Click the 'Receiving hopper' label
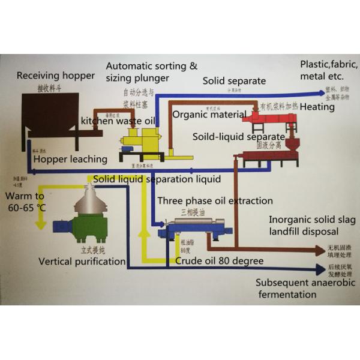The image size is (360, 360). [56, 76]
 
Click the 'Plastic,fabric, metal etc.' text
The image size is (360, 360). [329, 70]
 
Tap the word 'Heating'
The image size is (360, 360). [317, 107]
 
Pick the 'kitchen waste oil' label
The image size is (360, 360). [118, 121]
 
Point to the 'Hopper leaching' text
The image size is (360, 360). [70, 160]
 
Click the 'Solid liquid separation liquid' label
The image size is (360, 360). [157, 179]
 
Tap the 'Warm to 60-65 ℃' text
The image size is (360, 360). [25, 202]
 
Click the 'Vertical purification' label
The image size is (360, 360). [82, 262]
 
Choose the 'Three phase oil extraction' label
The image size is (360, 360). [215, 201]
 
